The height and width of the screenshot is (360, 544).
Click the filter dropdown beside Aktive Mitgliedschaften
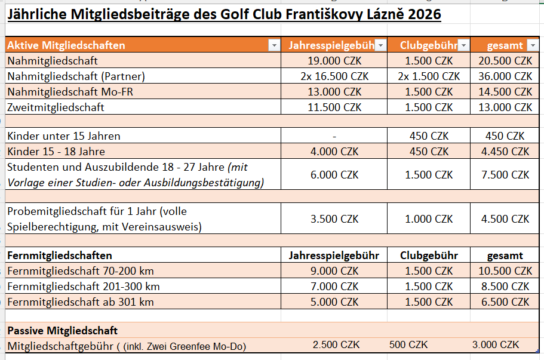tap(273, 45)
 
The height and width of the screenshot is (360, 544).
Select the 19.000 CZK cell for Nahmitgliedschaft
tap(334, 61)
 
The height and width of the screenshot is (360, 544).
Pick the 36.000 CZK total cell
tap(505, 76)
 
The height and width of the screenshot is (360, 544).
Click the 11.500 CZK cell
tap(334, 107)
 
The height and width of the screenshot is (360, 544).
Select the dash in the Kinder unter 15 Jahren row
tap(334, 136)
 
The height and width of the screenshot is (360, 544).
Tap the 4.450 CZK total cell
tap(505, 152)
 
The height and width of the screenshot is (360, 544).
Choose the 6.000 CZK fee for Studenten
tap(334, 175)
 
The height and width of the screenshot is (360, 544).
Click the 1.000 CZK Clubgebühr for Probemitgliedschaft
tap(429, 219)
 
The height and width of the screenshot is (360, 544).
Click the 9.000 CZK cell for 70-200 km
tap(334, 271)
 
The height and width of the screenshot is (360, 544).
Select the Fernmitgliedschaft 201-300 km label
tap(83, 287)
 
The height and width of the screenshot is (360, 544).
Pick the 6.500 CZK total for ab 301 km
tap(505, 302)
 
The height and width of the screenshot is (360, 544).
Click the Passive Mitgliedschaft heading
tap(62, 330)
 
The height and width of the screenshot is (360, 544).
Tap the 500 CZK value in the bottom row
tap(408, 345)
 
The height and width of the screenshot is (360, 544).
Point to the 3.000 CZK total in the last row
tap(495, 345)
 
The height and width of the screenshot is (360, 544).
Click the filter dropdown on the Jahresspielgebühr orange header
tap(380, 45)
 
